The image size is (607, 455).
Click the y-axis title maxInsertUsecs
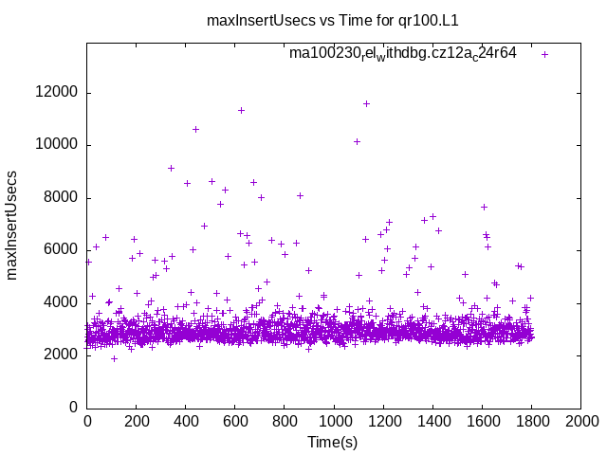pyautogui.click(x=12, y=225)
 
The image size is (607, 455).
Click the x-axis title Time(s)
pyautogui.click(x=333, y=443)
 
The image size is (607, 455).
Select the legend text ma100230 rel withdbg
pyautogui.click(x=402, y=54)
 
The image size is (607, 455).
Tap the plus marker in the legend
pyautogui.click(x=544, y=54)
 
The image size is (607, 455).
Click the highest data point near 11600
pyautogui.click(x=366, y=103)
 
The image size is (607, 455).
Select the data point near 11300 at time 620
pyautogui.click(x=241, y=110)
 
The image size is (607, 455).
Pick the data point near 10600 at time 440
pyautogui.click(x=195, y=129)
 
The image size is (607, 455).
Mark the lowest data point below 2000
pyautogui.click(x=114, y=358)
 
